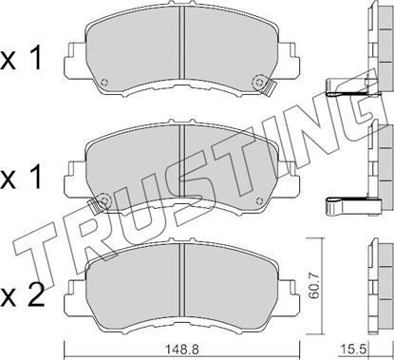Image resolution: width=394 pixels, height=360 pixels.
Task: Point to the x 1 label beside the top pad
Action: coord(21,59)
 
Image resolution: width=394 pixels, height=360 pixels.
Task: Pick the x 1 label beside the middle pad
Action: coord(21,178)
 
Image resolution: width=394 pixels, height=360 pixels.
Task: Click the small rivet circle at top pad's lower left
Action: coord(104,83)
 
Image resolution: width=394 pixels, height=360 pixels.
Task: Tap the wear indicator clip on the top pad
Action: coord(269,87)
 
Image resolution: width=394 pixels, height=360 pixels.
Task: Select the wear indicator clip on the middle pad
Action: coord(94,206)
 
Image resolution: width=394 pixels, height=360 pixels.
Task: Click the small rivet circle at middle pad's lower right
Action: coord(259,200)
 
